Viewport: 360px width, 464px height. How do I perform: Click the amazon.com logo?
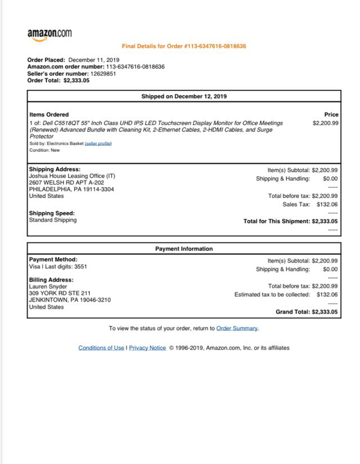pos(49,34)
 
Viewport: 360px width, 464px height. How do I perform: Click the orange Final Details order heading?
pos(184,46)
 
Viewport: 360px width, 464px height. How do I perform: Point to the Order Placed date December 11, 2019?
pos(93,60)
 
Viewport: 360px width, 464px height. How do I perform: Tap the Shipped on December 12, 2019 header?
pos(184,96)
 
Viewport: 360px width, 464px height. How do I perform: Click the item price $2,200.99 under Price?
pos(325,123)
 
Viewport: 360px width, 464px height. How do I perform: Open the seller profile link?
pos(98,143)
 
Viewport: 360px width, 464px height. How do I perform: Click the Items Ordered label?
pos(49,115)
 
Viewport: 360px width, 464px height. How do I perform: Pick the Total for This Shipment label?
pos(277,222)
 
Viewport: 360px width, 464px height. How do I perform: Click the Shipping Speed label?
pos(52,213)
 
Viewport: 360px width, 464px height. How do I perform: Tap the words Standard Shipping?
pos(53,220)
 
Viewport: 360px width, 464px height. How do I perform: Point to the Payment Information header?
pos(184,249)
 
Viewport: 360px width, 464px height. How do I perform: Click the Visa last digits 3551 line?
pos(58,267)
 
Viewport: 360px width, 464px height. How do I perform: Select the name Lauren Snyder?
pos(48,287)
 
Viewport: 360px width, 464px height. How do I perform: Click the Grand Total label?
pos(292,312)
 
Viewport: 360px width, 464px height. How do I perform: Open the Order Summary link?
pos(237,328)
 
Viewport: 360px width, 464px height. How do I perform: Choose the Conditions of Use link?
pos(101,348)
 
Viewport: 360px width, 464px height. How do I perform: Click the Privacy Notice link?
pos(147,348)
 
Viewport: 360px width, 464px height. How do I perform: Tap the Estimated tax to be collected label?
pos(272,295)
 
